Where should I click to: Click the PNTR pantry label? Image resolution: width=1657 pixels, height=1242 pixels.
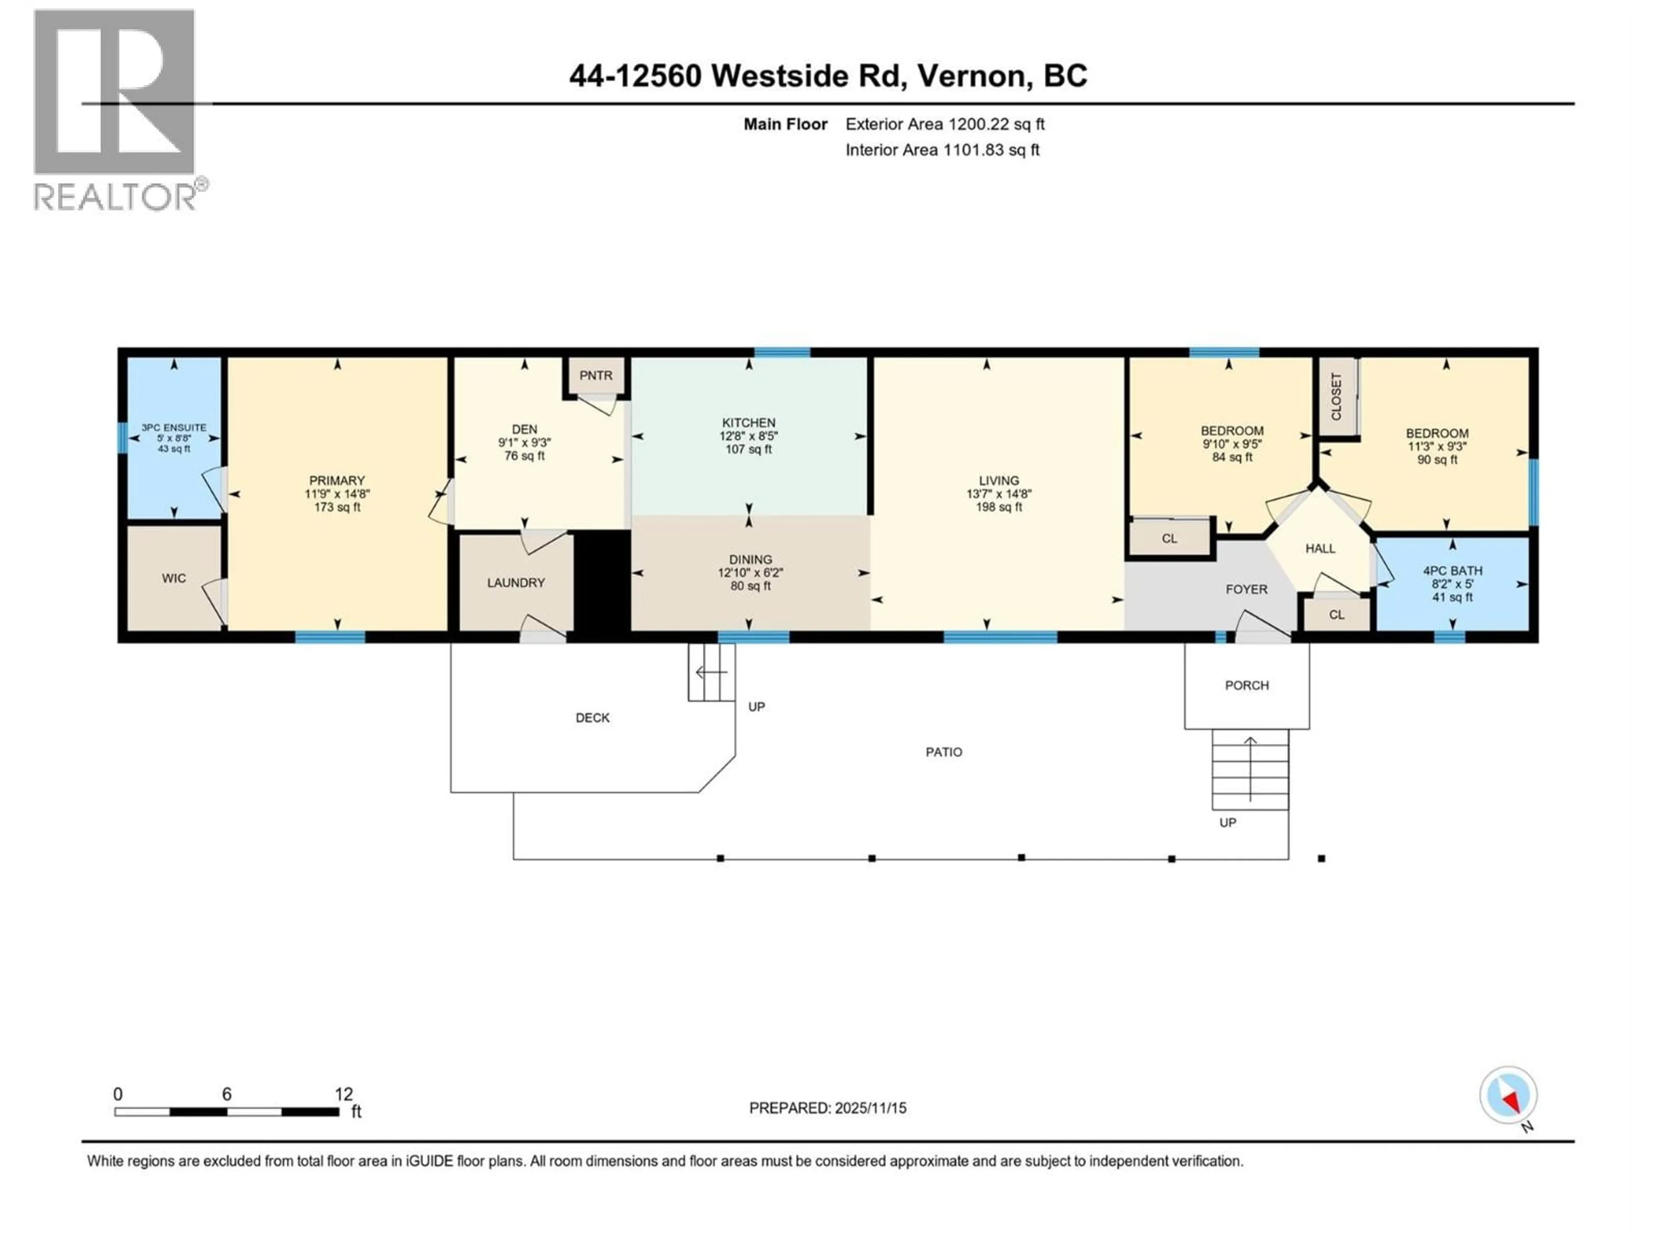[595, 376]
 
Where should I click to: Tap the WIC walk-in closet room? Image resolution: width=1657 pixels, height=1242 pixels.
[174, 578]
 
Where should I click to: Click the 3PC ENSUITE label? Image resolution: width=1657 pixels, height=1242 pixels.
[174, 427]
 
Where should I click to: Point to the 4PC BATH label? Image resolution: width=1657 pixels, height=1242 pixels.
[1452, 571]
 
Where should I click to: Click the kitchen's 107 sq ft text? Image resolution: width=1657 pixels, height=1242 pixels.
[748, 449]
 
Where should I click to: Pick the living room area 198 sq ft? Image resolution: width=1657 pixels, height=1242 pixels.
[999, 507]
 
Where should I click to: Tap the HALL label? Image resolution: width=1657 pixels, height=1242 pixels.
[1320, 549]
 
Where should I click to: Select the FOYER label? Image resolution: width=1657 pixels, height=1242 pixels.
[1247, 589]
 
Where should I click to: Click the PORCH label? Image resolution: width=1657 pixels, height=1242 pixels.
[1247, 685]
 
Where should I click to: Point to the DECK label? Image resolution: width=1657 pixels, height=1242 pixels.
[592, 717]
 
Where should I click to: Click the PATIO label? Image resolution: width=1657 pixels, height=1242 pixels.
[944, 752]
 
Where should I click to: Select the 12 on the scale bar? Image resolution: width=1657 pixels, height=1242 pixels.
[343, 1094]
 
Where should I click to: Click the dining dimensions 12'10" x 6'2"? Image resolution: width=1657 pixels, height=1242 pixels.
[750, 573]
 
